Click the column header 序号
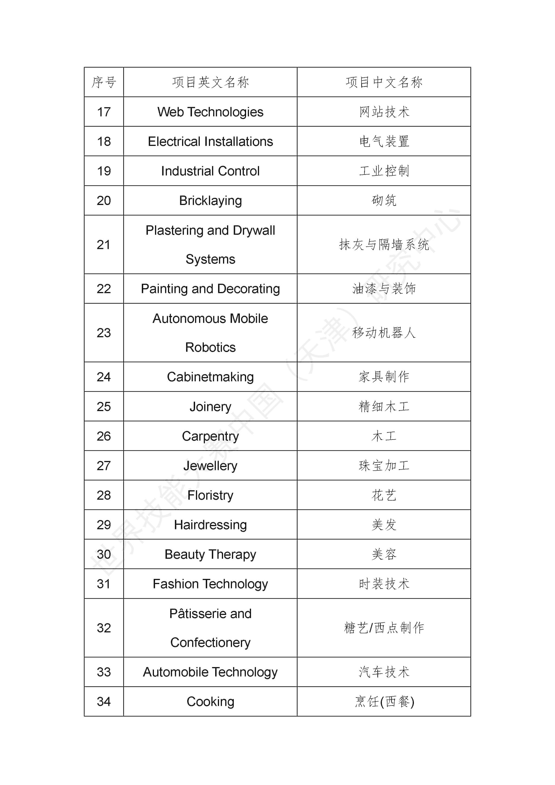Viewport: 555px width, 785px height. (x=104, y=82)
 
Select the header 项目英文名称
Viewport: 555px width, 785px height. (x=210, y=82)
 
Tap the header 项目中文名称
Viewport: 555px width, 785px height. (x=384, y=82)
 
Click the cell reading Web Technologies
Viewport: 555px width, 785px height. (x=210, y=112)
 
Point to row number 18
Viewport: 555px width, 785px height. (x=104, y=141)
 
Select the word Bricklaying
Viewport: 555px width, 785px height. (x=210, y=200)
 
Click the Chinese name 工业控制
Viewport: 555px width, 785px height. (x=384, y=171)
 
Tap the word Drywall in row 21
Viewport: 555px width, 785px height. (x=254, y=230)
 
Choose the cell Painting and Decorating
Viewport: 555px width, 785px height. (x=210, y=289)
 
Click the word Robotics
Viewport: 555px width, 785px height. (x=210, y=347)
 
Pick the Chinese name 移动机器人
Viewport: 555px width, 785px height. (x=384, y=333)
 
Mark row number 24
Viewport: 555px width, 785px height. (x=104, y=377)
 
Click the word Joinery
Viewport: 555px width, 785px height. (x=210, y=406)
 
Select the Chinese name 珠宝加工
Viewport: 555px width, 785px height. (x=384, y=465)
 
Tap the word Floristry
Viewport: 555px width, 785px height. (x=210, y=495)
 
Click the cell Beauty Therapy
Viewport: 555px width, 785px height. (x=210, y=554)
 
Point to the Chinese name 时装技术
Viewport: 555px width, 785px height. (x=384, y=584)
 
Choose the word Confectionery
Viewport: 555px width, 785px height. (x=210, y=642)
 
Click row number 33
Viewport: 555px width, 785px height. (x=104, y=672)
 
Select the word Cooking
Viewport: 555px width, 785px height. (x=210, y=701)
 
